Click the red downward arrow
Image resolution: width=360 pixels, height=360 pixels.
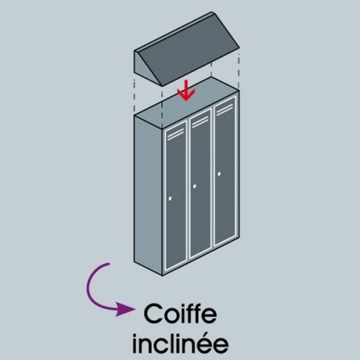click(x=186, y=91)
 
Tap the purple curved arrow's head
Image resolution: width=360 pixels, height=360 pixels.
click(x=125, y=310)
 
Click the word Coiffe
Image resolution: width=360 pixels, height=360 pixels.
click(x=180, y=314)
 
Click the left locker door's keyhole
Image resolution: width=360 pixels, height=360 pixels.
click(x=170, y=199)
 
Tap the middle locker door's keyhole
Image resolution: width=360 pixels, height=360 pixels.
click(x=194, y=186)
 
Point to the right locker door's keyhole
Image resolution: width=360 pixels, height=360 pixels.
click(x=219, y=174)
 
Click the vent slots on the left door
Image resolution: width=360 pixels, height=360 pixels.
click(x=176, y=134)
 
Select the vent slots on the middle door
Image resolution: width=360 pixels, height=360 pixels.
click(x=201, y=121)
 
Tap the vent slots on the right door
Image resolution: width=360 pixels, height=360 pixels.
click(x=225, y=109)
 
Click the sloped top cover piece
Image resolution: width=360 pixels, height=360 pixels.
click(x=186, y=49)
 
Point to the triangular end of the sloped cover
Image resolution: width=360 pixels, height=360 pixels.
click(x=147, y=68)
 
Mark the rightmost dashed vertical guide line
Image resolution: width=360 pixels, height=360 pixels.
click(x=239, y=71)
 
